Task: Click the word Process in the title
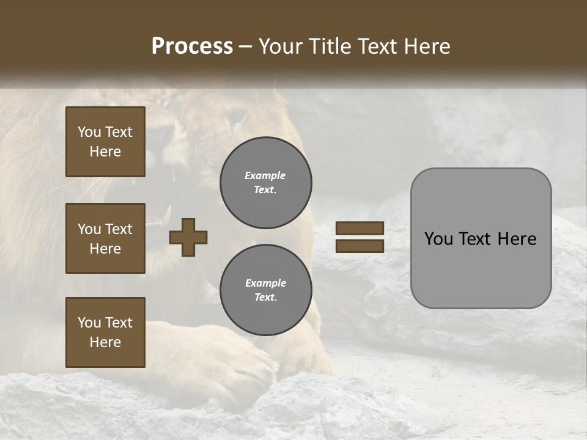[192, 46]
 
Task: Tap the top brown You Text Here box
[105, 142]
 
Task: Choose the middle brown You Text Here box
[105, 238]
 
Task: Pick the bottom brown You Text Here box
[105, 332]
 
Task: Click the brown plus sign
[188, 237]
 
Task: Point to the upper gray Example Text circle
[266, 183]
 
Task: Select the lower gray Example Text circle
[266, 290]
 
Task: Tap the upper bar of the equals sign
[360, 229]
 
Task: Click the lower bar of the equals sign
[360, 246]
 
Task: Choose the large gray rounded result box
[481, 238]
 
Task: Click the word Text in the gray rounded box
[480, 239]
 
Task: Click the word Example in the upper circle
[265, 175]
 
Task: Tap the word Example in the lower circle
[265, 283]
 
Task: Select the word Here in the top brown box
[105, 152]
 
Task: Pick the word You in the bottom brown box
[89, 323]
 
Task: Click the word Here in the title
[427, 46]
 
